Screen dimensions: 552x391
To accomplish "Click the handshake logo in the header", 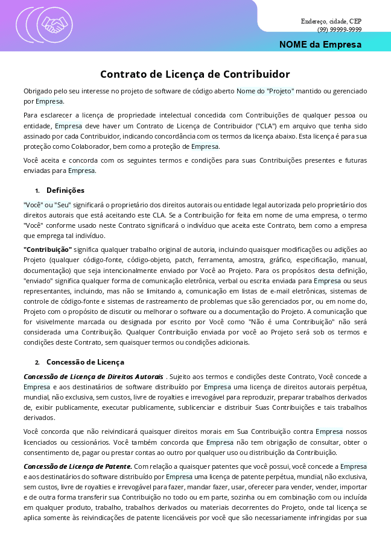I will click(x=55, y=25).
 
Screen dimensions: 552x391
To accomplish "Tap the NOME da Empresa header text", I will click(x=320, y=45).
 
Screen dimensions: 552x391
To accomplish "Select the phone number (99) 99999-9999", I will click(x=339, y=30).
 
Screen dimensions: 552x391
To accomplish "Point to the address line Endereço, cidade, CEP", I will click(x=331, y=22).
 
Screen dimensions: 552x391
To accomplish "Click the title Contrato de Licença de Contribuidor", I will click(x=195, y=74).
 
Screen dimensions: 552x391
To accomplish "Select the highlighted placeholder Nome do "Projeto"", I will click(x=265, y=91).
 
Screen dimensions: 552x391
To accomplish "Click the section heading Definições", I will click(x=65, y=190).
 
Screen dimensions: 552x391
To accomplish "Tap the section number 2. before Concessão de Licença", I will click(x=37, y=362).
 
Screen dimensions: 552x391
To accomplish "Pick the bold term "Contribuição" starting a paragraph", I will click(x=48, y=249).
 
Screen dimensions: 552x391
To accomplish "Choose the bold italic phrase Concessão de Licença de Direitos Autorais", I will click(x=93, y=377).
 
